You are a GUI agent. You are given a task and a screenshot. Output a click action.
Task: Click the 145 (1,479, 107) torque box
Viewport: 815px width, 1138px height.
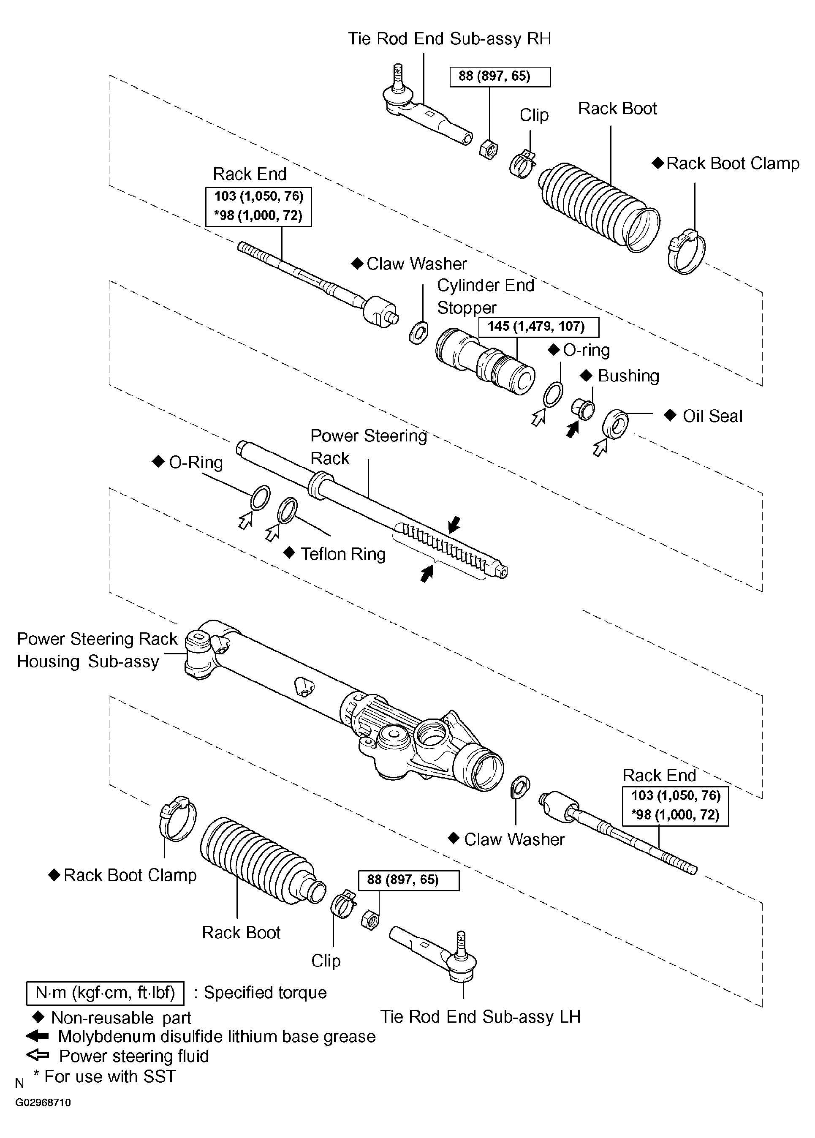point(538,327)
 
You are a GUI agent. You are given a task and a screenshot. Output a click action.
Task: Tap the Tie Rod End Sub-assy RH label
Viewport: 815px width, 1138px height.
point(449,38)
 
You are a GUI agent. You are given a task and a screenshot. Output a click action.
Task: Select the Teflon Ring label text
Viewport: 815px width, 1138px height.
point(343,554)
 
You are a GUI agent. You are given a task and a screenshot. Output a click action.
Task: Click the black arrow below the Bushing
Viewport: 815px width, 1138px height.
point(572,430)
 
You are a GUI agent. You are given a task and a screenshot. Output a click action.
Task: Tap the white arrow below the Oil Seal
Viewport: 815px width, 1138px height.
point(600,447)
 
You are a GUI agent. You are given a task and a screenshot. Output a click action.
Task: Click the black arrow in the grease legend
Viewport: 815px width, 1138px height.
point(37,1036)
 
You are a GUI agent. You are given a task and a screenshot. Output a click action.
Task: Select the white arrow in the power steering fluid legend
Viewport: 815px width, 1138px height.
point(37,1056)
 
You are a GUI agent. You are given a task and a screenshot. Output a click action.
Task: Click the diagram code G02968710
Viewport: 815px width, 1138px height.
point(43,1103)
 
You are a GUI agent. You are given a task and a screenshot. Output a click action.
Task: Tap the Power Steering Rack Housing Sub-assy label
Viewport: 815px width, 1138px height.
point(97,650)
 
